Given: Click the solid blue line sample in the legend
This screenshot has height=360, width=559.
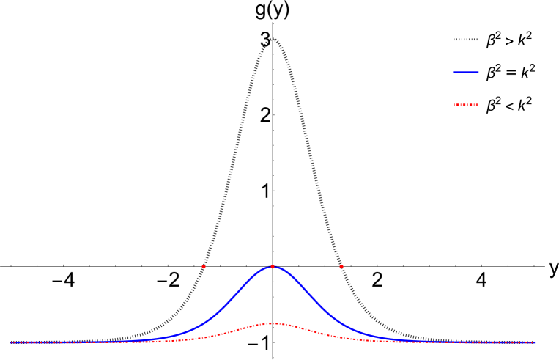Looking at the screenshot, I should click(466, 72).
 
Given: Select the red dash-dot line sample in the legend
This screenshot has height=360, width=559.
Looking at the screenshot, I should click(465, 105).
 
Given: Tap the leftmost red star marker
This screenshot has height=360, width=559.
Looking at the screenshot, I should click(204, 267).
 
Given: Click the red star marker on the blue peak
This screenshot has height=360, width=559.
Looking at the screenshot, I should click(273, 267).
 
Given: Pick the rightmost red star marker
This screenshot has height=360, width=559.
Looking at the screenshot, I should click(341, 266).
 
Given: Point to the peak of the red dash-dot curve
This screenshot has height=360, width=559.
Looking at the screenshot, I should click(273, 323).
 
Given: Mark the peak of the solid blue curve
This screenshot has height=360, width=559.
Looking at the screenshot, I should click(273, 266).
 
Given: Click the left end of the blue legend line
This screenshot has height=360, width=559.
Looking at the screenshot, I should click(454, 72).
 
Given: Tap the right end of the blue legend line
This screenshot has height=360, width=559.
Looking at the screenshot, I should click(478, 72).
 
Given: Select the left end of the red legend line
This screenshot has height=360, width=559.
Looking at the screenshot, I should click(454, 105).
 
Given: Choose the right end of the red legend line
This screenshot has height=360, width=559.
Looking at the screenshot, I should click(477, 105).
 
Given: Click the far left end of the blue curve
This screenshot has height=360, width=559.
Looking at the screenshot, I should click(10, 342).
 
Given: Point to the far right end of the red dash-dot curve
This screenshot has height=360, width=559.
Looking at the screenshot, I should click(535, 342).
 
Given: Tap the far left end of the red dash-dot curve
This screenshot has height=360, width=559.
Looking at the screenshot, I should click(10, 342).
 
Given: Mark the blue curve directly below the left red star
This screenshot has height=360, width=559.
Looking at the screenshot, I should click(204, 323).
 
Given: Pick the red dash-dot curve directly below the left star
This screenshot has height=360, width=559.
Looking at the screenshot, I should click(204, 337).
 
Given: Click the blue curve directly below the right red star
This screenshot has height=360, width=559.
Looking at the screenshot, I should click(341, 323).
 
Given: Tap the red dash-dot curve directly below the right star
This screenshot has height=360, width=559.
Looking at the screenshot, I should click(341, 337).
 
